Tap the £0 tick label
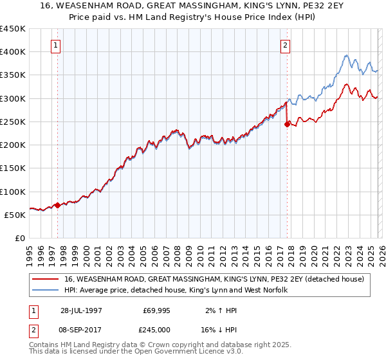(19, 239)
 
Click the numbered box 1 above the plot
(57, 46)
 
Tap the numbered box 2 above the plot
(284, 46)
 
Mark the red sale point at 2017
(287, 125)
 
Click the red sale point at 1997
(57, 206)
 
